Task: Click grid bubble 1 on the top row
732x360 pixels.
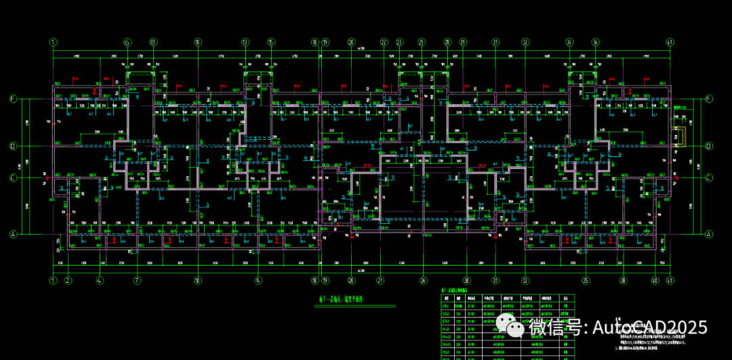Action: (52, 42)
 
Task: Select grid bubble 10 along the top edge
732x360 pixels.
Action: (197, 42)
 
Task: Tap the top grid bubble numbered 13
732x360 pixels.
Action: (245, 42)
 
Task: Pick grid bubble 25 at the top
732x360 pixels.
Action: (422, 42)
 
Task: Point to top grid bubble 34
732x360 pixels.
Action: (569, 42)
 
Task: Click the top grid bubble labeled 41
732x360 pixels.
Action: (670, 42)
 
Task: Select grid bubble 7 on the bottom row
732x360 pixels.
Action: (137, 280)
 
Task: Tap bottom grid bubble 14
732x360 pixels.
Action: (258, 280)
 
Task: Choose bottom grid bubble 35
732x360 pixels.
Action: (586, 280)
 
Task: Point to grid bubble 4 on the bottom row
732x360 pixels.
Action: (100, 280)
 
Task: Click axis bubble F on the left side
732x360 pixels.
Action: (12, 99)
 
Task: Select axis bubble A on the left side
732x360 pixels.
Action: (12, 235)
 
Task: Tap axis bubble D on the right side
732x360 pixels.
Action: (709, 146)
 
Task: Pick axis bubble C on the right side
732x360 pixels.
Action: (709, 178)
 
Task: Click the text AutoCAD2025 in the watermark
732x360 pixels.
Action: (651, 327)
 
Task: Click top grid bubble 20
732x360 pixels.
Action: (351, 42)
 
